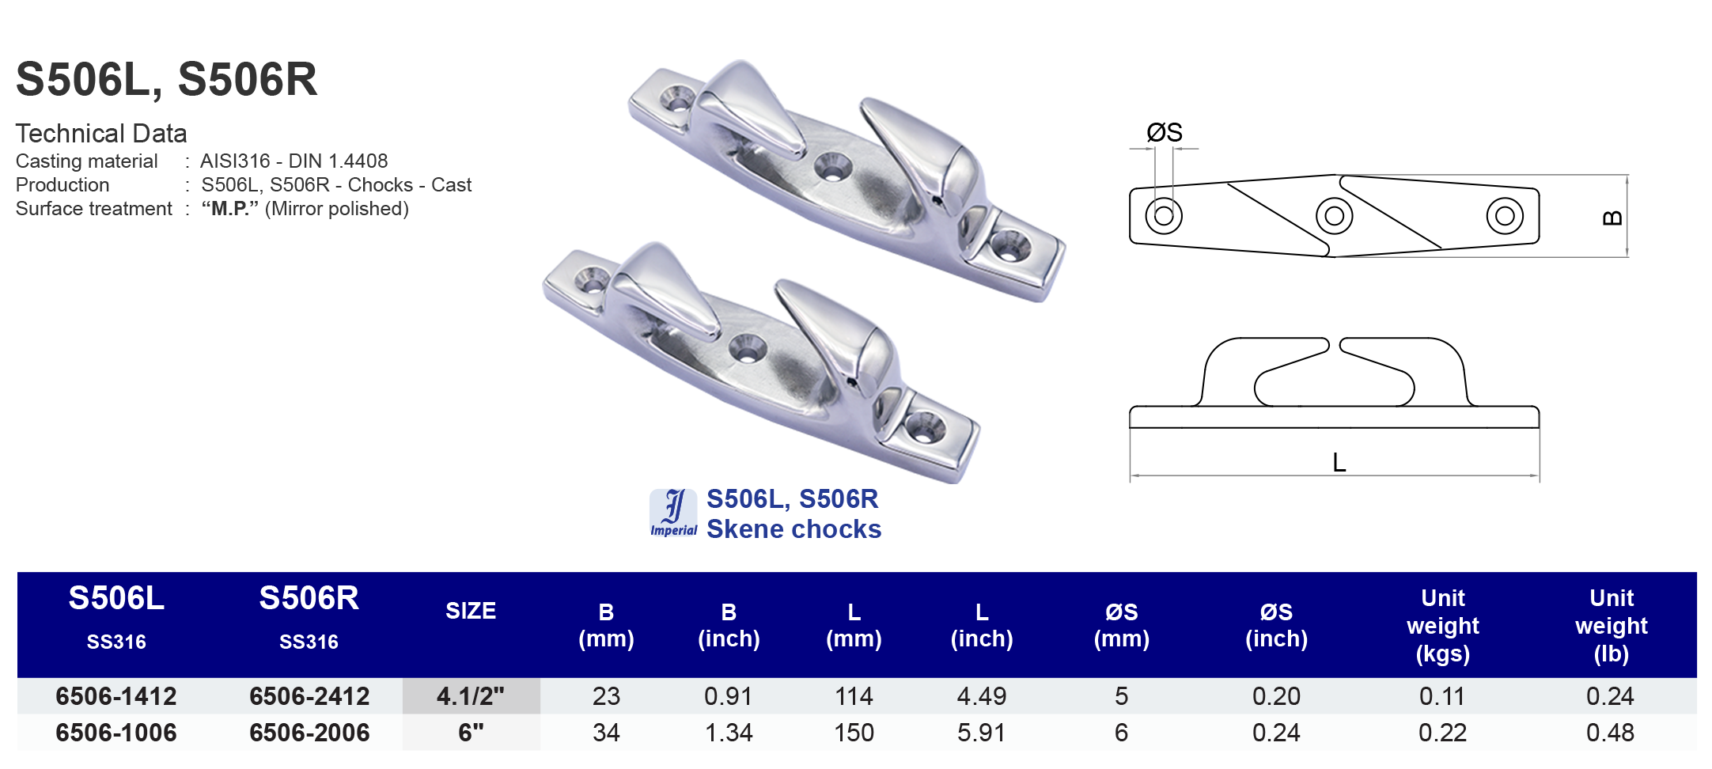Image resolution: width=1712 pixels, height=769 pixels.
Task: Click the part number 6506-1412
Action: pos(116,696)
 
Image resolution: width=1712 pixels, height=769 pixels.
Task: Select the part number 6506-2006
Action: pos(309,733)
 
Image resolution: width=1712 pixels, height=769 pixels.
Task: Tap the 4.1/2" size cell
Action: pos(471,696)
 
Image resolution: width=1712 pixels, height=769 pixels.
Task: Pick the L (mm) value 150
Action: pos(854,733)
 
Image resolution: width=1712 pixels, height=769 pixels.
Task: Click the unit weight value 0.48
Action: pos(1610,733)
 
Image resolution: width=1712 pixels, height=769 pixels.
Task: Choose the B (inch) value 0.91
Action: pos(728,696)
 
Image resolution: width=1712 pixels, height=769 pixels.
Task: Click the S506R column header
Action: pos(309,599)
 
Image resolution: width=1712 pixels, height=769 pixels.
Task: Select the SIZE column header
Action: pos(471,611)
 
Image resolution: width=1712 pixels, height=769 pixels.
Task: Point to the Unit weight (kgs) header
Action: pos(1442,625)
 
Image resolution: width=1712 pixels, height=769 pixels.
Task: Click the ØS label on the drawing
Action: pos(1165,133)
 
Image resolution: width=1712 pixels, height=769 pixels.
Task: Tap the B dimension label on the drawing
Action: pos(1612,218)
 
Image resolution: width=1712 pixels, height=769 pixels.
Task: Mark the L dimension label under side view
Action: pos(1339,463)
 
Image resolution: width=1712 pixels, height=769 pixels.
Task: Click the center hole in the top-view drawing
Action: pos(1334,216)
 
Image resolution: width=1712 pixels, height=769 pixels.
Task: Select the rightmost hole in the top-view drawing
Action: pos(1505,216)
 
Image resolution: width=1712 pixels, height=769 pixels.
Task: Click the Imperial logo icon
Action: pos(673,513)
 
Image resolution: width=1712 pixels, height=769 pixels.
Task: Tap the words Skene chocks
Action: pos(794,529)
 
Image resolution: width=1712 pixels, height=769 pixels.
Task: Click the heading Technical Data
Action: pos(101,133)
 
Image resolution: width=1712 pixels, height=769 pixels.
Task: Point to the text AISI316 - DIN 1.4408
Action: pos(294,161)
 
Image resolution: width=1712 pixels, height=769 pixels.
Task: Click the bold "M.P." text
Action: pos(230,209)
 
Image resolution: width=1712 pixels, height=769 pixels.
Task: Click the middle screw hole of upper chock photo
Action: pos(831,168)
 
